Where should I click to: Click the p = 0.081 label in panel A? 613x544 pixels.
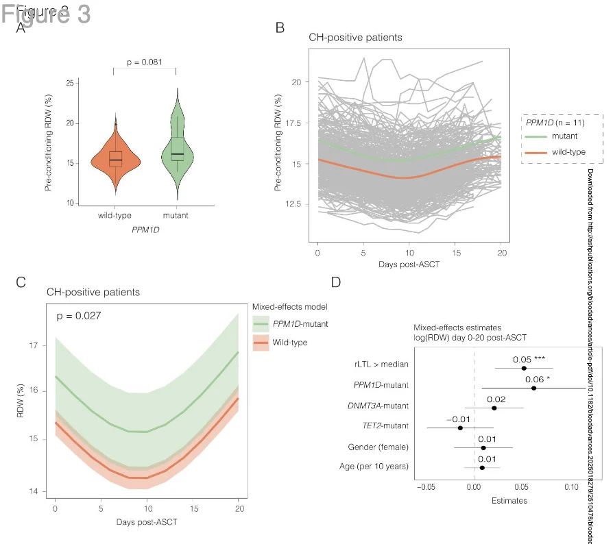coord(145,62)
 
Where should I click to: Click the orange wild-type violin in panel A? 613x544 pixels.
coord(115,160)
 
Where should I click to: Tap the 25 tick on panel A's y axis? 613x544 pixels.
coord(70,83)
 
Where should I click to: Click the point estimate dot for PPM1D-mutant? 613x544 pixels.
coord(533,388)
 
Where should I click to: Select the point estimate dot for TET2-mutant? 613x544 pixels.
coord(460,428)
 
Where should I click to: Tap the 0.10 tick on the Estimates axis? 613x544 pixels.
coord(570,486)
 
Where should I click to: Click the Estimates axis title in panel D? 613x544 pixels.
coord(509,501)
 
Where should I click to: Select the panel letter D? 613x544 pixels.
coord(336,282)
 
